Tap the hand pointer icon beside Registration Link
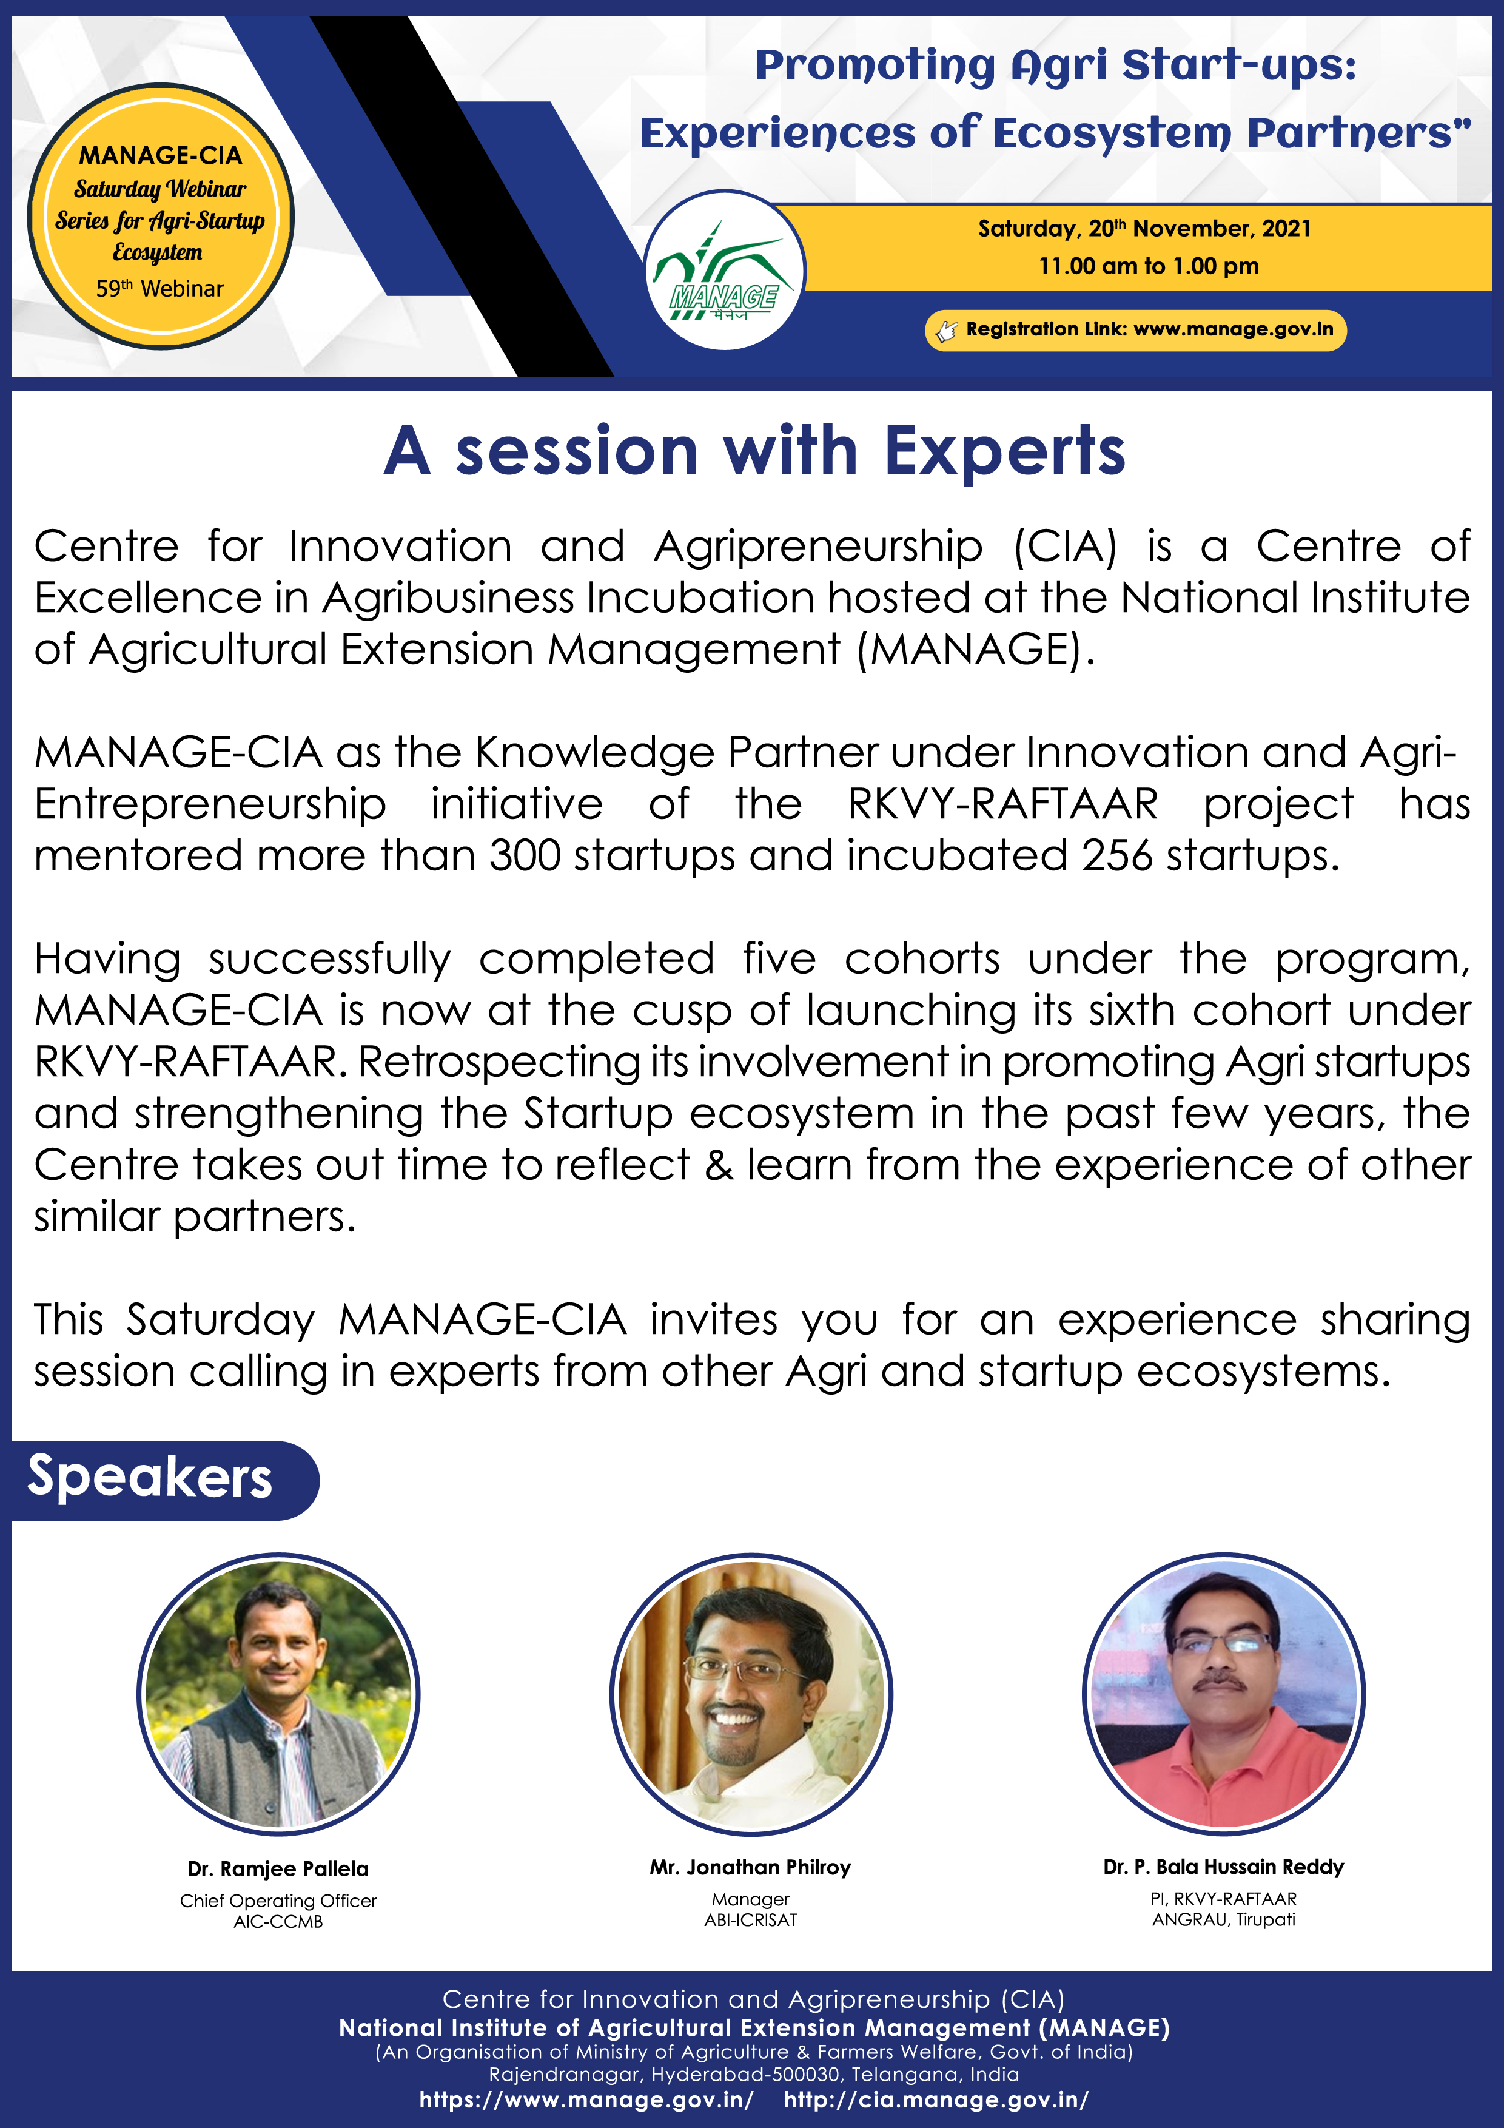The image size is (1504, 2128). pyautogui.click(x=945, y=331)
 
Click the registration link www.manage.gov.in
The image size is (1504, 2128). pyautogui.click(x=1234, y=329)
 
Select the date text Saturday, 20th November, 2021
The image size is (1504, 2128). pyautogui.click(x=1144, y=228)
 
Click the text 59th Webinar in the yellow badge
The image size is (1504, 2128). pyautogui.click(x=159, y=288)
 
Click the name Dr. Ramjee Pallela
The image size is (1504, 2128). pyautogui.click(x=278, y=1868)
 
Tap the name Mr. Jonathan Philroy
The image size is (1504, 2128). pyautogui.click(x=751, y=1867)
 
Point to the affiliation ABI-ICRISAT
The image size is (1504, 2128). pyautogui.click(x=751, y=1919)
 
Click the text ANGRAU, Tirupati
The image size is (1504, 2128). pyautogui.click(x=1223, y=1919)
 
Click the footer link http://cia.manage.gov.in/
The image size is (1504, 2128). pyautogui.click(x=936, y=2099)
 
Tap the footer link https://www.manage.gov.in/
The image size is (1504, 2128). pyautogui.click(x=586, y=2099)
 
